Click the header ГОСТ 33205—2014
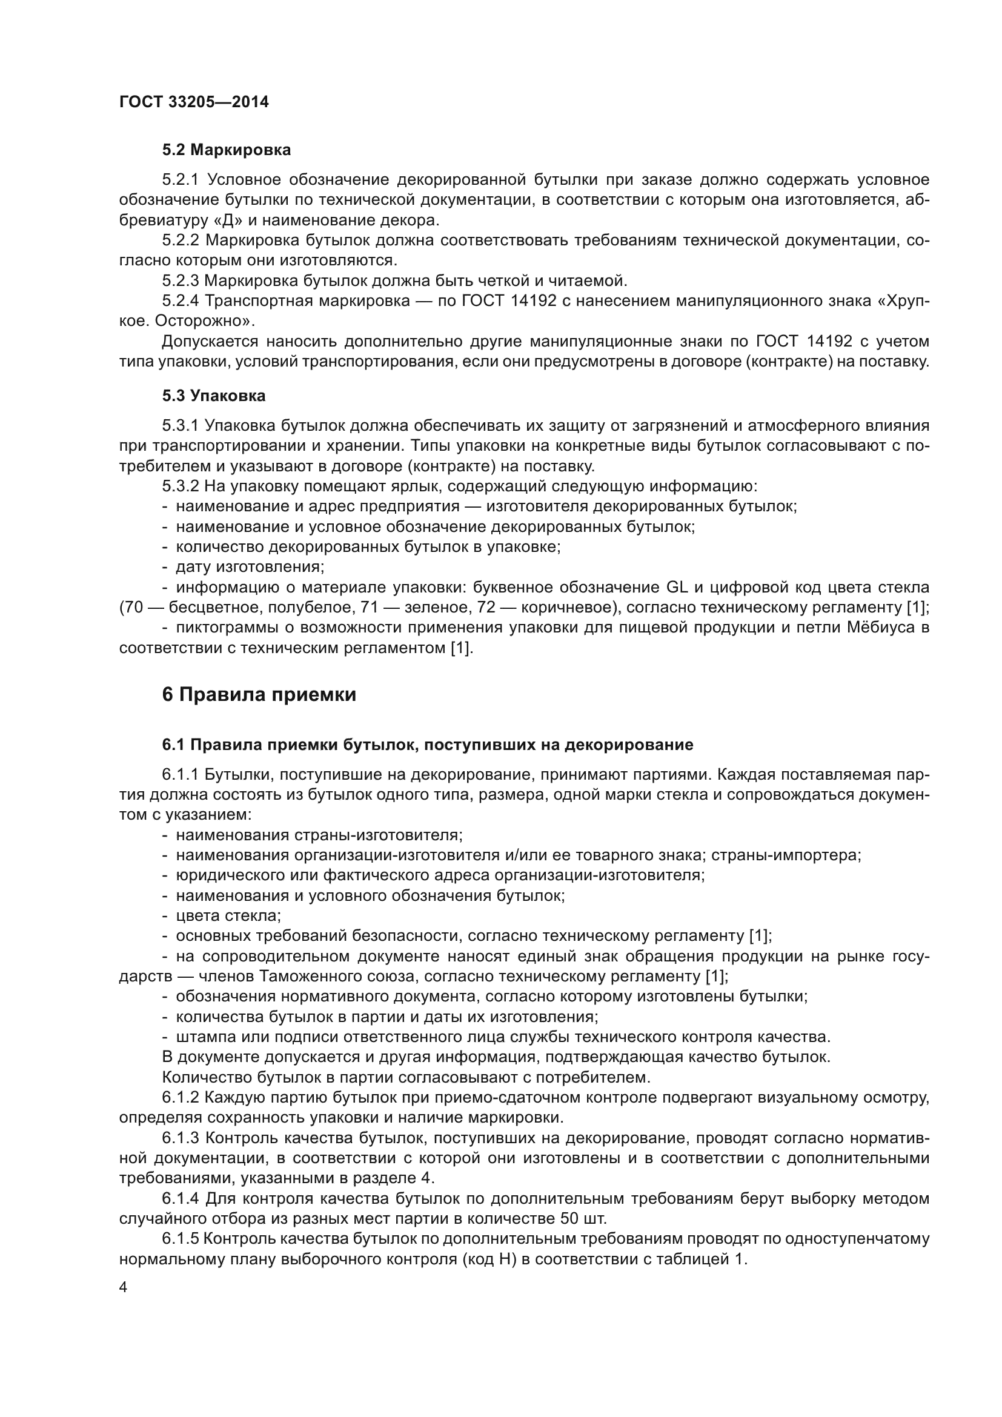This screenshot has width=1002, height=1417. coord(194,102)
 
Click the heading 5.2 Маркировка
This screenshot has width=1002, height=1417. coord(226,150)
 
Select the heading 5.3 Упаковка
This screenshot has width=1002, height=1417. coord(213,396)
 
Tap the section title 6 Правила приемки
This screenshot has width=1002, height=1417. coord(259,694)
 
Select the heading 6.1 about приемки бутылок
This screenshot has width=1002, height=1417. coord(427,745)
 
